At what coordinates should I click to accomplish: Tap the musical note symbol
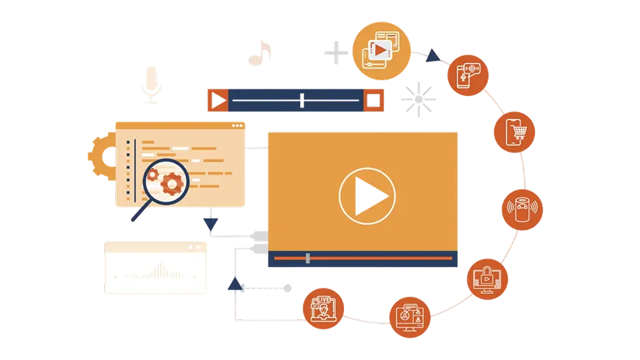pyautogui.click(x=261, y=53)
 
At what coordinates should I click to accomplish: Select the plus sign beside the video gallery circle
pyautogui.click(x=336, y=52)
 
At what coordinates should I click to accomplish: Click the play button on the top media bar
pyautogui.click(x=218, y=101)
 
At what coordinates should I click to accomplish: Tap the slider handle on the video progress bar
pyautogui.click(x=308, y=259)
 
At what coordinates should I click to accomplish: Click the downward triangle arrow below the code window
pyautogui.click(x=211, y=223)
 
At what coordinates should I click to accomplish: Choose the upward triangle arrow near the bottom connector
pyautogui.click(x=235, y=283)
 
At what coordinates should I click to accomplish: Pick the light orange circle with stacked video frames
pyautogui.click(x=381, y=49)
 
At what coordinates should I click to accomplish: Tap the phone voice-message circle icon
pyautogui.click(x=468, y=74)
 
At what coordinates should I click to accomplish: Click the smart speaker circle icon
pyautogui.click(x=521, y=208)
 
